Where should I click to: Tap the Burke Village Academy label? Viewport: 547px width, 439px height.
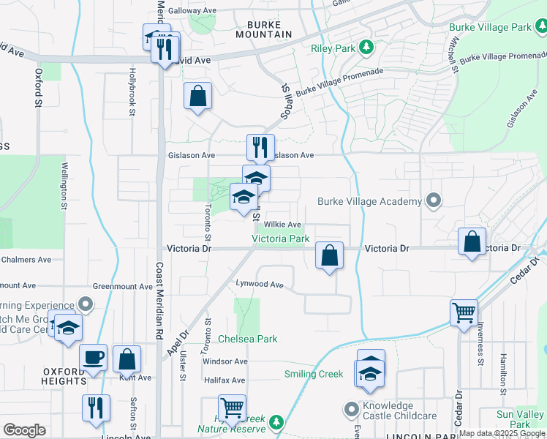tap(370, 201)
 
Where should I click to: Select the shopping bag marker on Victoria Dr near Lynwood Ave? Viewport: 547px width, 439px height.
tap(330, 256)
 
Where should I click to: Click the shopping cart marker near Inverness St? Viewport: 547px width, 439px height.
tap(464, 313)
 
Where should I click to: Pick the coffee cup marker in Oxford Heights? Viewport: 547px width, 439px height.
tap(94, 357)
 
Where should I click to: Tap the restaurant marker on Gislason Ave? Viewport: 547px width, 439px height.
tap(260, 148)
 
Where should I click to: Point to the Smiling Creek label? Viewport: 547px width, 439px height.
tap(314, 375)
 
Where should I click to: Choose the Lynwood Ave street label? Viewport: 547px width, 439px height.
tap(259, 284)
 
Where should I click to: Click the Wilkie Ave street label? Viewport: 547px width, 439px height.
tap(282, 225)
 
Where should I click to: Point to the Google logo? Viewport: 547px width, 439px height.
tap(24, 430)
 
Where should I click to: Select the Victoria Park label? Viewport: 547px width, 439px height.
tap(281, 239)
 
